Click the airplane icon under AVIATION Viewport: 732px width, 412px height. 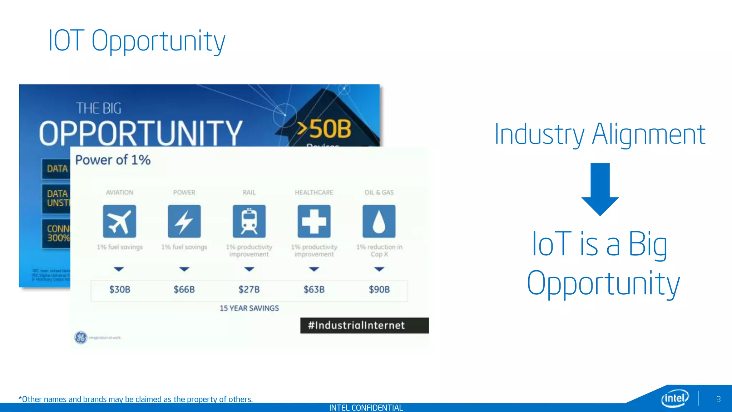[119, 221]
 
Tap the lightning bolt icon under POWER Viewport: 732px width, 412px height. [184, 221]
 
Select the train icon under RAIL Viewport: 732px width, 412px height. [249, 221]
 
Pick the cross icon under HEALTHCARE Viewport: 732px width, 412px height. [314, 221]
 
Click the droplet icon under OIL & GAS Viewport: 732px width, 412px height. [379, 221]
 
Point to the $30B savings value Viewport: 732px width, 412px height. [120, 289]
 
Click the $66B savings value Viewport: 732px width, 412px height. [184, 289]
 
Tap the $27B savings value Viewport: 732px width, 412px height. [249, 289]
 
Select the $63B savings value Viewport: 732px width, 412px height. [314, 289]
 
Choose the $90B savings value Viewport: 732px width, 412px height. [379, 289]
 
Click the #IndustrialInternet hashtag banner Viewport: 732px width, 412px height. [364, 325]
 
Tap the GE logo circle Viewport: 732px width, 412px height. [81, 337]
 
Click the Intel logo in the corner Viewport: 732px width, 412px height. [675, 398]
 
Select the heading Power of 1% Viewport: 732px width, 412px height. [113, 160]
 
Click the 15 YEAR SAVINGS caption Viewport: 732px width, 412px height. [249, 308]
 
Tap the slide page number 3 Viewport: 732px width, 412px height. [718, 399]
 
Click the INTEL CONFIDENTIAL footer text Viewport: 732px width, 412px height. [366, 408]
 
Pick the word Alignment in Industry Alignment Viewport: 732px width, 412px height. [648, 134]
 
